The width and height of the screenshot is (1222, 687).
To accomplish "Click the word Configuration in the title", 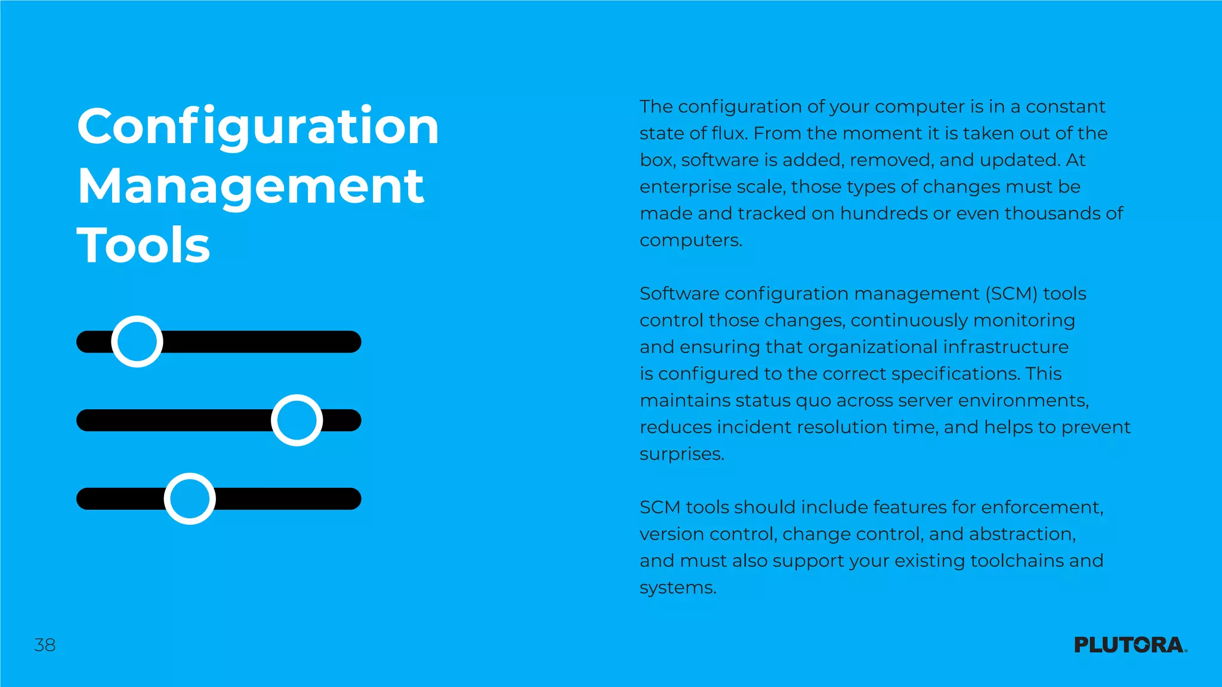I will click(x=258, y=126).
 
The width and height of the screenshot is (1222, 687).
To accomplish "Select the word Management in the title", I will click(x=251, y=186).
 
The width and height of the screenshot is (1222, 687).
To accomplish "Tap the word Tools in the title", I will click(x=144, y=245).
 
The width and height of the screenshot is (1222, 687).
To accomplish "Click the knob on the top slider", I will click(x=137, y=342).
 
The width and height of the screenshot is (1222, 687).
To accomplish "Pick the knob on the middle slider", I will click(x=297, y=420).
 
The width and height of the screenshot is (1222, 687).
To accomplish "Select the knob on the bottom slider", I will click(x=190, y=499).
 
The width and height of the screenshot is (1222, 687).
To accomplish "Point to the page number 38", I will click(x=45, y=645).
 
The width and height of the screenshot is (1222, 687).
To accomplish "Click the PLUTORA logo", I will click(x=1130, y=645).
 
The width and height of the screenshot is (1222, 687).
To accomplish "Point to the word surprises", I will click(x=681, y=454).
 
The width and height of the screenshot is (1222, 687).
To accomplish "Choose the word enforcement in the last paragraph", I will click(x=1042, y=507).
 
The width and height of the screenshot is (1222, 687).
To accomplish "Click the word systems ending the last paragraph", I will click(x=677, y=587).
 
